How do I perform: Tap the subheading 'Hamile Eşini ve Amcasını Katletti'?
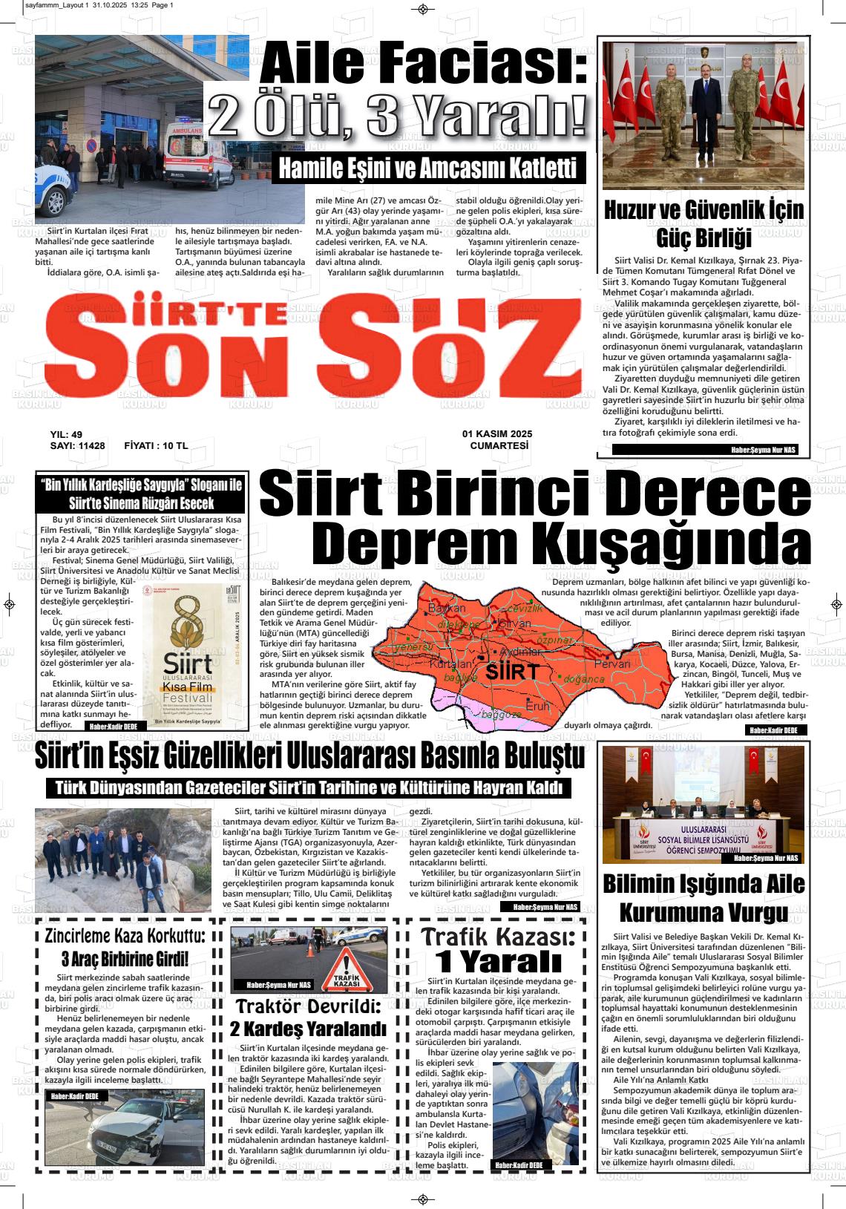[427, 168]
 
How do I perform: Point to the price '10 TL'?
[171, 446]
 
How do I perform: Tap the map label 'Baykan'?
[447, 609]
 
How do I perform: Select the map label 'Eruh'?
[538, 707]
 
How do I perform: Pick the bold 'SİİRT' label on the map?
[513, 673]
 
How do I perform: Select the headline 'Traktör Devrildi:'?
[309, 1006]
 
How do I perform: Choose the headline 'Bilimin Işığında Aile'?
[704, 884]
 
